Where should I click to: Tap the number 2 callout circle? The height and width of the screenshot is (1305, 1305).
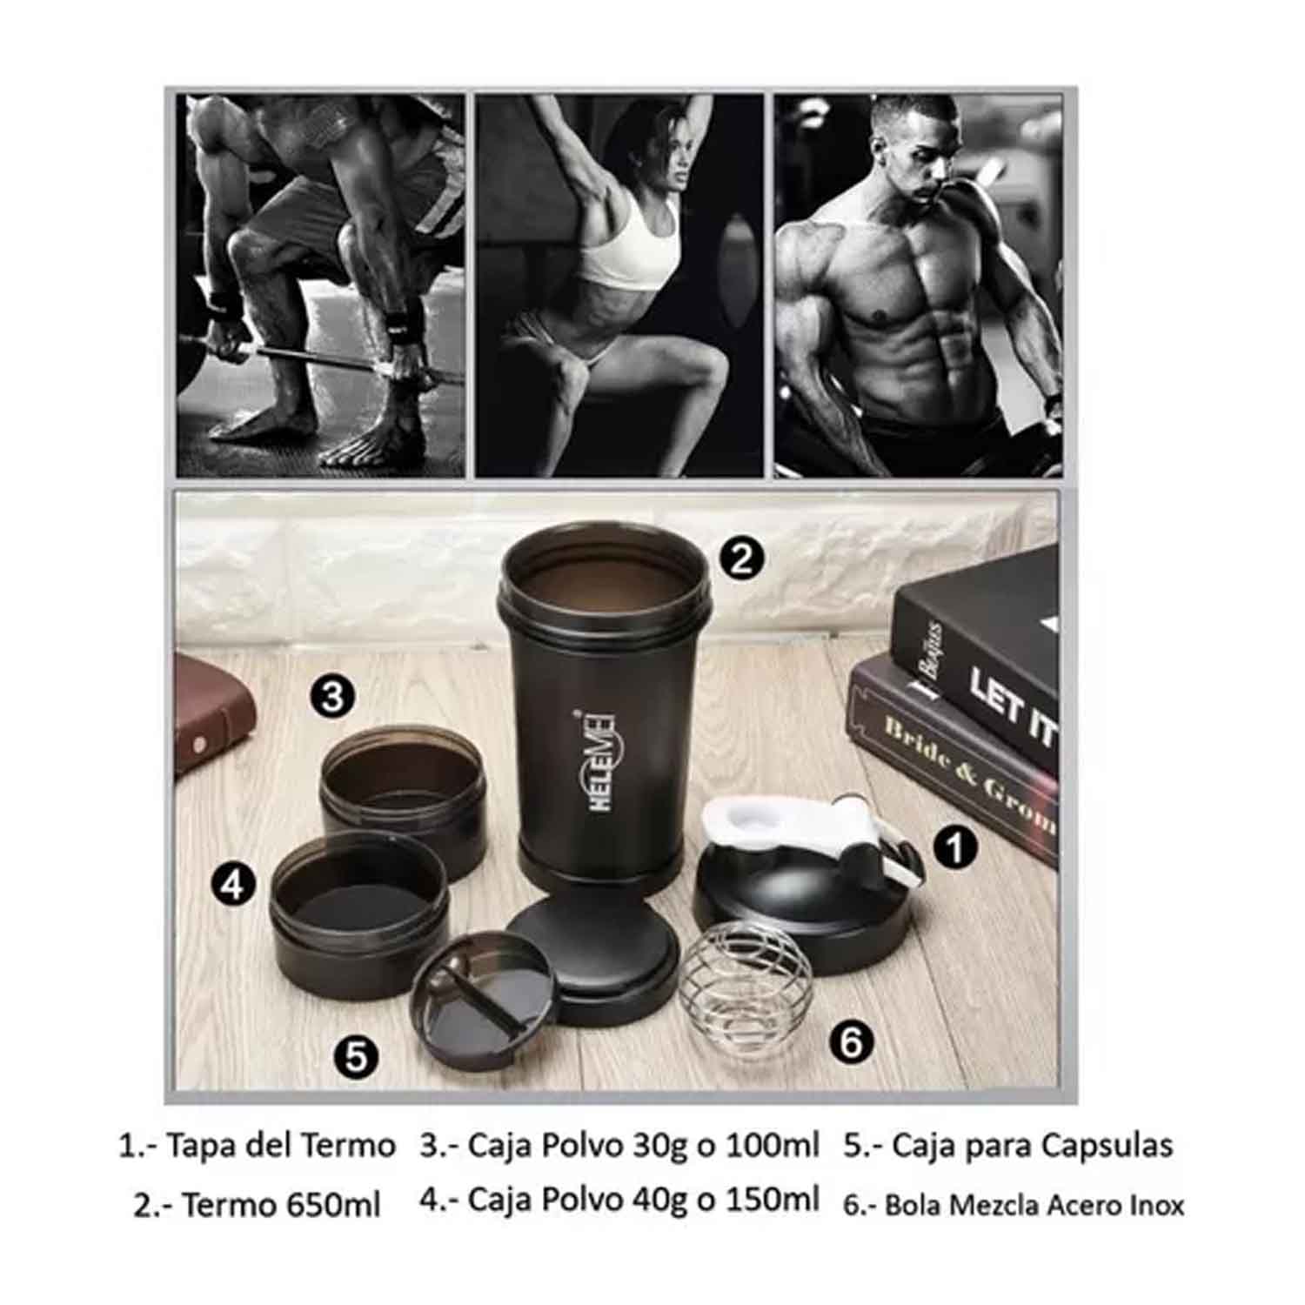tap(741, 559)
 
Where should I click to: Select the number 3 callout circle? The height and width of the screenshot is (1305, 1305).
tap(332, 697)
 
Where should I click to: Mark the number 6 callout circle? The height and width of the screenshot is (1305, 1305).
tap(851, 1041)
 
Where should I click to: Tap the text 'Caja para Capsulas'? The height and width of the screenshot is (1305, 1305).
tap(1033, 1145)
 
